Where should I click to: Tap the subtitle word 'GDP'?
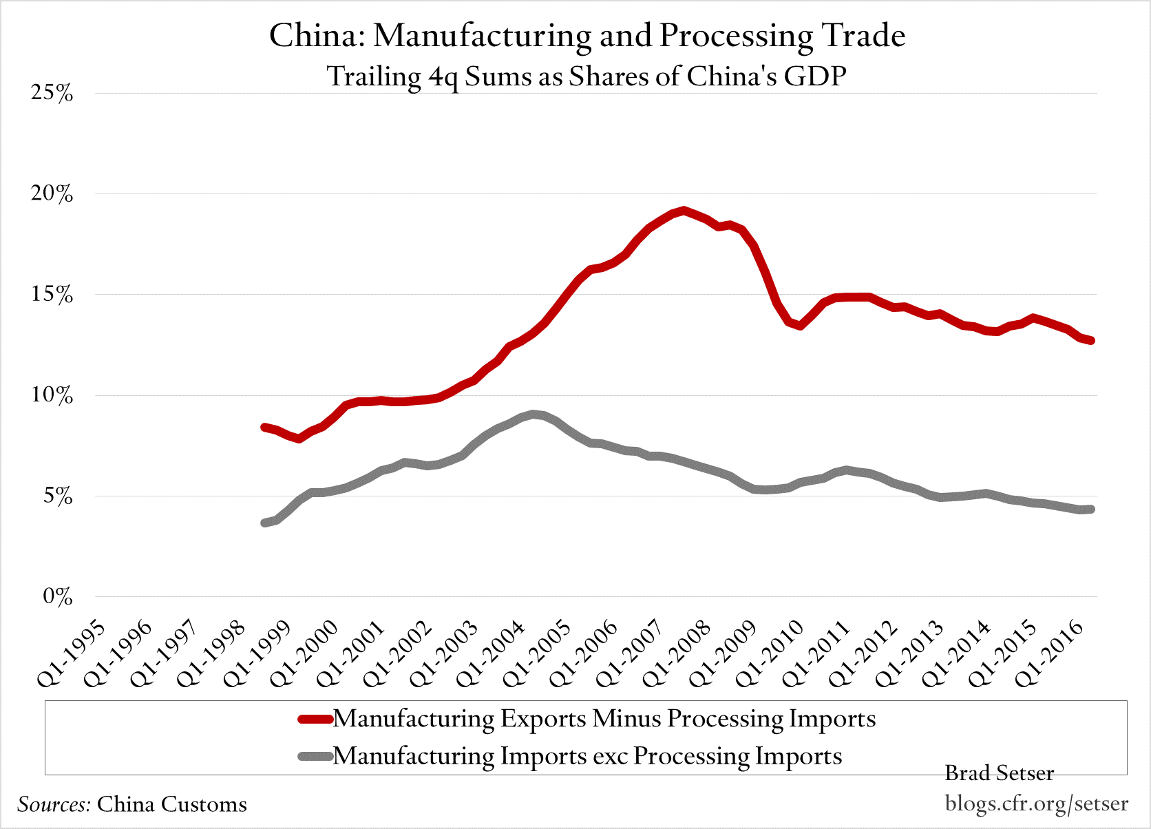coord(814,76)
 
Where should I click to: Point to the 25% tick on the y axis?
coord(52,93)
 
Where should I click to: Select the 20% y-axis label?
coord(52,194)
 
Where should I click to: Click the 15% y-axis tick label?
coord(52,295)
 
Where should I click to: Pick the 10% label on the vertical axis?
coord(52,395)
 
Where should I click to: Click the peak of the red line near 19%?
coord(682,210)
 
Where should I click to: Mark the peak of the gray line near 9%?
coord(534,414)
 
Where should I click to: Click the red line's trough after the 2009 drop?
coord(800,325)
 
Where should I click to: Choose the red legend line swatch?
coord(315,720)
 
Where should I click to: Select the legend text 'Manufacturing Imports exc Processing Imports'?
coord(587,756)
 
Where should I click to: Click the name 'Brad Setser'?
coord(999,773)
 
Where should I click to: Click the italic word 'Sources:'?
coord(54,804)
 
